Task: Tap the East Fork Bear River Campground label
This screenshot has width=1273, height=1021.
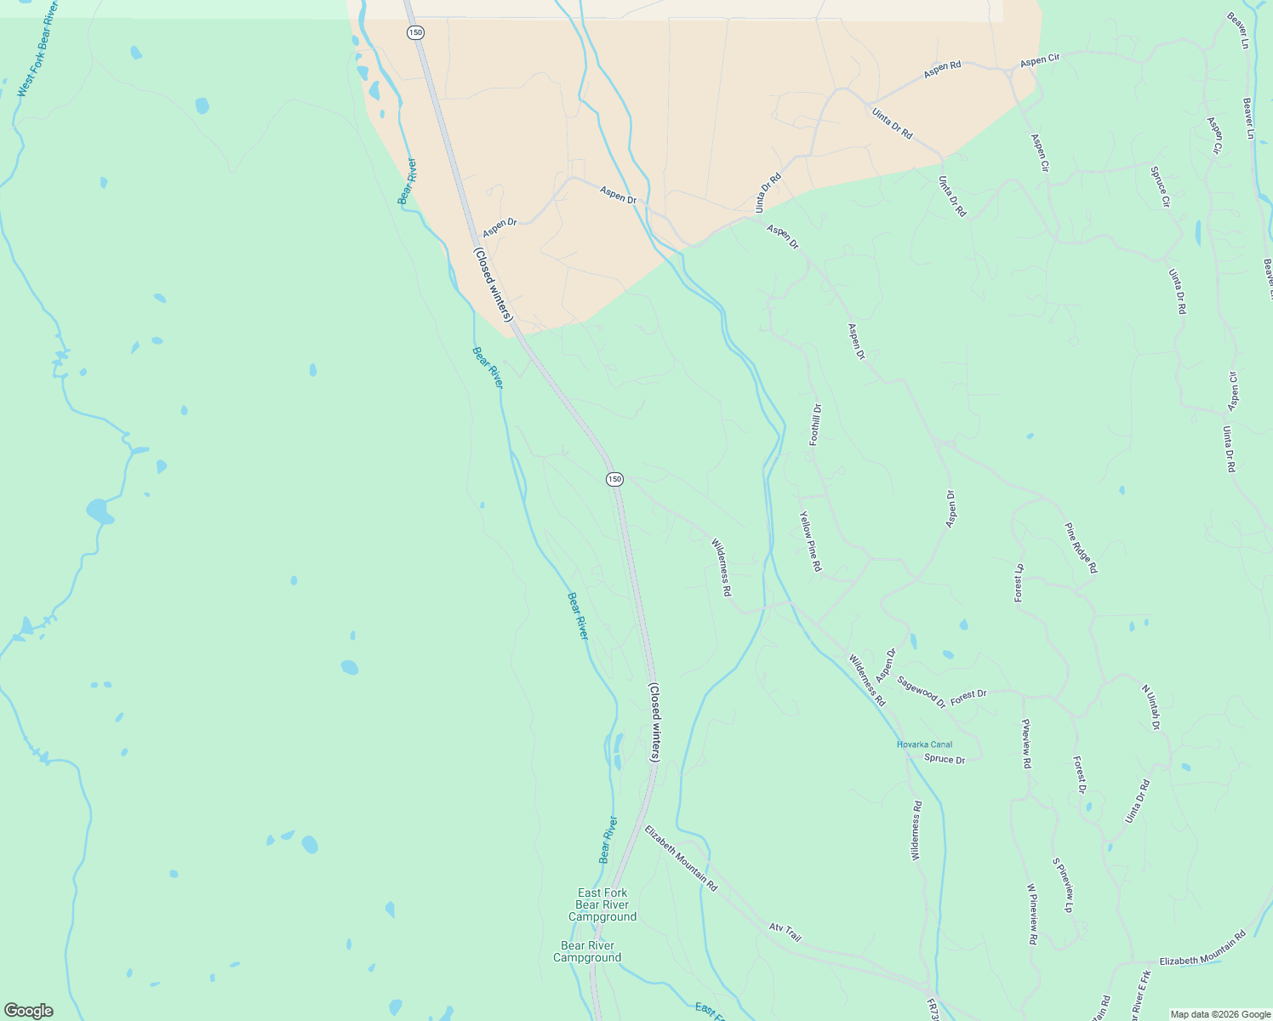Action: [602, 904]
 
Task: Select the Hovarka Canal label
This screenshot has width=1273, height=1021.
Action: [924, 744]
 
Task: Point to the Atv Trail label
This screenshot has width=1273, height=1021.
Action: [785, 933]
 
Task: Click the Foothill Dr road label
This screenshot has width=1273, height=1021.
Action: [815, 425]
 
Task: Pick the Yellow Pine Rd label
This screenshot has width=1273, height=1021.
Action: [810, 541]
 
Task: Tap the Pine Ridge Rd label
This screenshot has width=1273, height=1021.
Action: [1081, 548]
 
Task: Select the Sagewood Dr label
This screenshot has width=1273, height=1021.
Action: [921, 692]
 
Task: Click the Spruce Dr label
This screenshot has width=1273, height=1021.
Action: [945, 759]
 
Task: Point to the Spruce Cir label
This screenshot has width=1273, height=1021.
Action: [1161, 187]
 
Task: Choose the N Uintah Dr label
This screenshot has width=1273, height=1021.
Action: [1150, 707]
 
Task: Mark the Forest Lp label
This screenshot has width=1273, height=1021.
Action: [1019, 583]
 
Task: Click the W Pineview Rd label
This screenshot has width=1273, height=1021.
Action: [1031, 914]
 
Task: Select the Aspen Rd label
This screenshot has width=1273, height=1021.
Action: [942, 70]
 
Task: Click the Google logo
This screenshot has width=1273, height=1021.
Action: [28, 1011]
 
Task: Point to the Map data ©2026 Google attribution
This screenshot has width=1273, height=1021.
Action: [1220, 1014]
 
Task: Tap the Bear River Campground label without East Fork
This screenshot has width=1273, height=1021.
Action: [587, 951]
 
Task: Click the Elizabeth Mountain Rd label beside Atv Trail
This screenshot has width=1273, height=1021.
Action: [681, 858]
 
